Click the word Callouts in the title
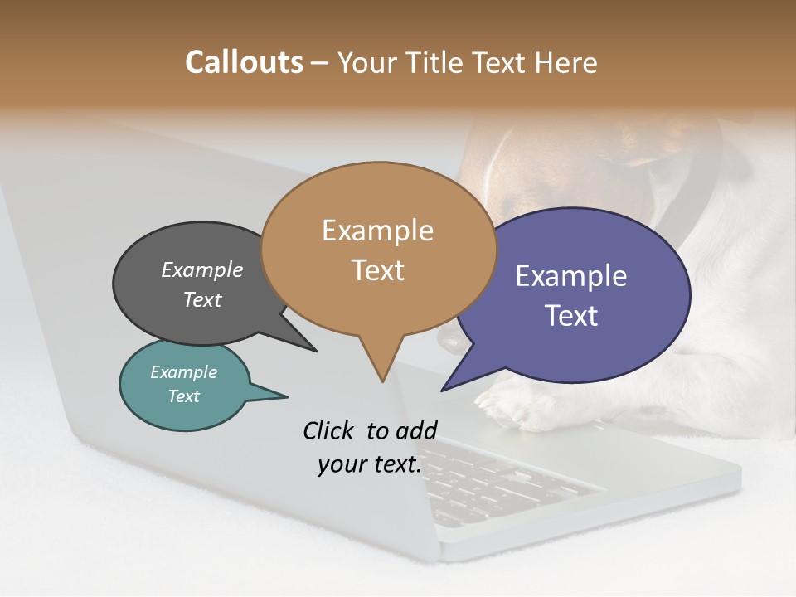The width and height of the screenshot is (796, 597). click(x=244, y=63)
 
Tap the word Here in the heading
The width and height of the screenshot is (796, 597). click(x=564, y=63)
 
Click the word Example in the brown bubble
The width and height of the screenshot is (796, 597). click(x=378, y=231)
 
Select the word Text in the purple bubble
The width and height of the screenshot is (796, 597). click(x=571, y=316)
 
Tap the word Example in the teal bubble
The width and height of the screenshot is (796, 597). click(x=184, y=372)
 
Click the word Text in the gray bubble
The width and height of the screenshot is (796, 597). click(x=202, y=300)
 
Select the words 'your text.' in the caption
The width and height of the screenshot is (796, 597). click(x=370, y=464)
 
